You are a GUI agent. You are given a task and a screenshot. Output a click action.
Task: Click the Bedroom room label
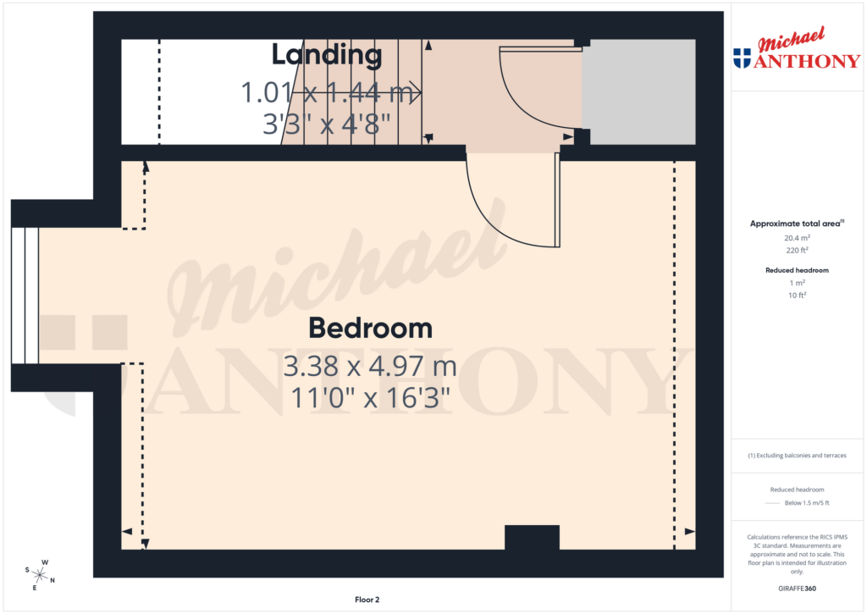point(370,328)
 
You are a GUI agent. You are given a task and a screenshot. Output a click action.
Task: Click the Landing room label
point(326,55)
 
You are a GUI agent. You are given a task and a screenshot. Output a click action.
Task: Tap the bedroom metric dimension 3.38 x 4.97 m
point(370,368)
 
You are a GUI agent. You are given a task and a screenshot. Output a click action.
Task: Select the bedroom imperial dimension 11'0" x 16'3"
point(370,397)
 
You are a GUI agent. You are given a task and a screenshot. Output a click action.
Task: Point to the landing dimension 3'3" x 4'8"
point(327,124)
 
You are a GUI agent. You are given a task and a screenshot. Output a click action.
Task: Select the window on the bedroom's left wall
point(25,296)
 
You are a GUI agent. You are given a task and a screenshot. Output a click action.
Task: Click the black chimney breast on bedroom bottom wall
point(532,538)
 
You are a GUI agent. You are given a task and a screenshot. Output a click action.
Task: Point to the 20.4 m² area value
point(796,238)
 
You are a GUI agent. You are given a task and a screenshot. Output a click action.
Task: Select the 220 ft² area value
point(796,250)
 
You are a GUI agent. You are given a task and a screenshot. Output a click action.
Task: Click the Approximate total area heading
point(795,224)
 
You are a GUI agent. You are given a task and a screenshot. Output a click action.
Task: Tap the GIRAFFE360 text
point(796,588)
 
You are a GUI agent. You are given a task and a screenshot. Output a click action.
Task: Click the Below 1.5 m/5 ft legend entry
point(806,503)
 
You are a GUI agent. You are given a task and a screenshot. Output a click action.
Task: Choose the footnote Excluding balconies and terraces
point(796,456)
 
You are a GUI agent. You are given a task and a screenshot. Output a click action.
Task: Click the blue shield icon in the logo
point(742,58)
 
